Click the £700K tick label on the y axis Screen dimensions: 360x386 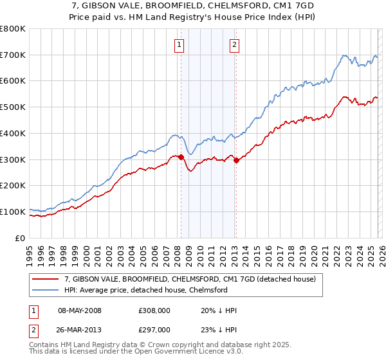pos(13,55)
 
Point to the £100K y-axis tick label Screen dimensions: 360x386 pos(13,212)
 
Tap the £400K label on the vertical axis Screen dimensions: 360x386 pos(13,133)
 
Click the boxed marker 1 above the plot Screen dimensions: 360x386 pos(178,44)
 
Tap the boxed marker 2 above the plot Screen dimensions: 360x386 pos(234,44)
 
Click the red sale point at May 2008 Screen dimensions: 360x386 pos(181,157)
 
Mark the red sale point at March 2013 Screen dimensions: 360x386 pos(236,160)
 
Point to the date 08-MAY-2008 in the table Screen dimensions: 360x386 pos(80,310)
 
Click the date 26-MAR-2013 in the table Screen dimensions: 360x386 pos(80,331)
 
